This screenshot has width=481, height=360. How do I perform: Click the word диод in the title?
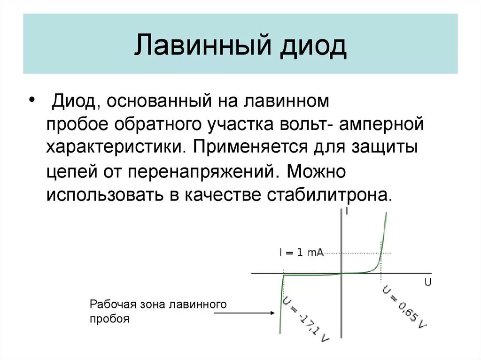pyautogui.click(x=314, y=45)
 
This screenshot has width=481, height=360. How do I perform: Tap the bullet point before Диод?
pyautogui.click(x=31, y=101)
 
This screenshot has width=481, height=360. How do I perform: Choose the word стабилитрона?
pyautogui.click(x=329, y=194)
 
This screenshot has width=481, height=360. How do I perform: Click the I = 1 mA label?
pyautogui.click(x=301, y=253)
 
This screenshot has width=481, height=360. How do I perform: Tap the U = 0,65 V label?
pyautogui.click(x=404, y=307)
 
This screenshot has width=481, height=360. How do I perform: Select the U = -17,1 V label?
pyautogui.click(x=305, y=320)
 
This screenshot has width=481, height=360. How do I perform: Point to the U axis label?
pyautogui.click(x=427, y=282)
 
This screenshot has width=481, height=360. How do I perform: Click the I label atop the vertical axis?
pyautogui.click(x=347, y=212)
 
